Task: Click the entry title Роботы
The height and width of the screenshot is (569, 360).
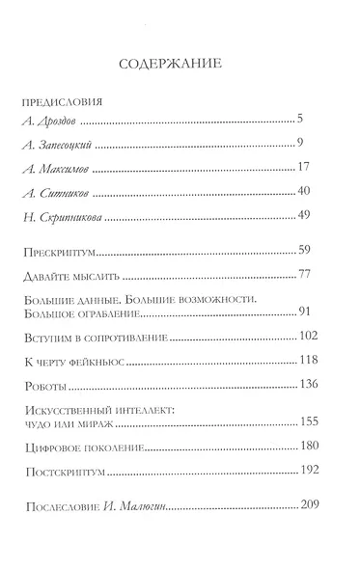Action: (x=42, y=385)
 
